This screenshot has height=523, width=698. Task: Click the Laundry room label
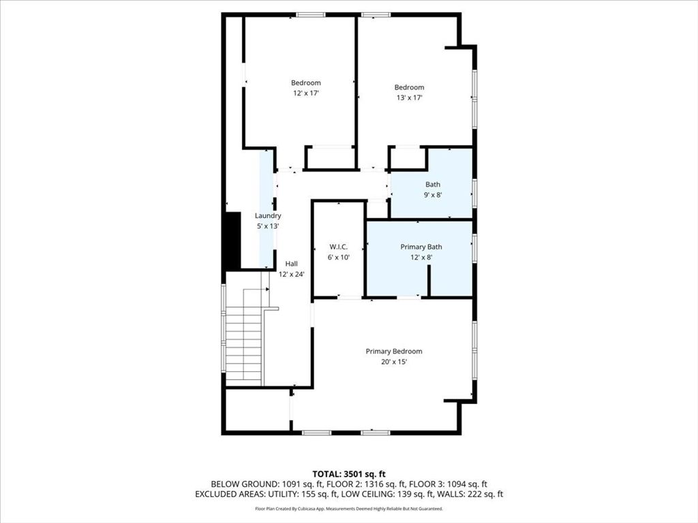(268, 216)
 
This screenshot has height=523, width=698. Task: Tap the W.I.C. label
(339, 247)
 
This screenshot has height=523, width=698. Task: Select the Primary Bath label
(421, 247)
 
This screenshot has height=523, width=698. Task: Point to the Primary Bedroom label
(394, 351)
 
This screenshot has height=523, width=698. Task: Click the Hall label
(291, 264)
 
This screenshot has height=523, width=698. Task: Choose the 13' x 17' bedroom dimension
(409, 97)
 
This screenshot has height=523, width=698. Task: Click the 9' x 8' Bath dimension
(433, 195)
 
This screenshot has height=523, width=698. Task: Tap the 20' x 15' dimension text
(394, 362)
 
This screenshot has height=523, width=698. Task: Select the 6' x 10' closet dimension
(339, 257)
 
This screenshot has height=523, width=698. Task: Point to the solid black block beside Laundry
(232, 240)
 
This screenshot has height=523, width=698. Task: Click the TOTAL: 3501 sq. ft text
(348, 473)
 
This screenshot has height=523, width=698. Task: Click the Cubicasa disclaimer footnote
(348, 509)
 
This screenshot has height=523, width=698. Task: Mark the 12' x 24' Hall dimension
(291, 274)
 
